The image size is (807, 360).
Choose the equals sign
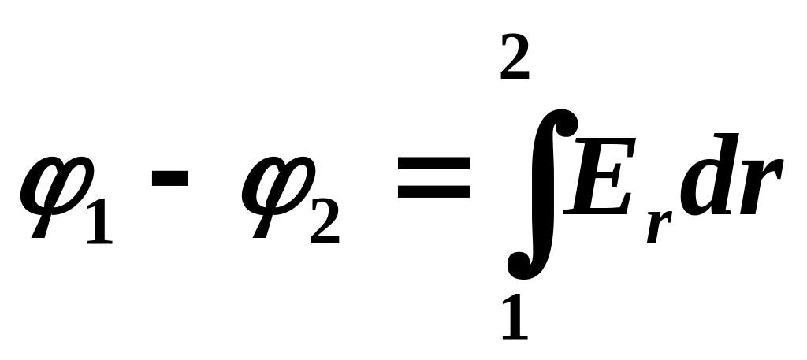point(433,179)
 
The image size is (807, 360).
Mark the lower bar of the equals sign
point(433,194)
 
